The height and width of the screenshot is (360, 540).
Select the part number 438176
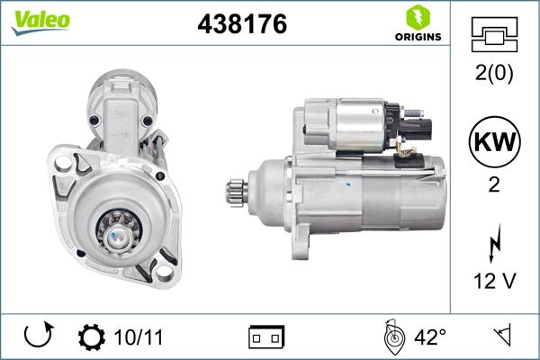point(241,24)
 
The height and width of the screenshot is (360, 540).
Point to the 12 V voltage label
point(494,281)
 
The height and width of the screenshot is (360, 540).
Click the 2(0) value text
point(494,75)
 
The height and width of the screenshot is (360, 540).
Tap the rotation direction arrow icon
point(37,337)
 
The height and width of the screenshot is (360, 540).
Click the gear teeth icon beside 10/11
point(91,337)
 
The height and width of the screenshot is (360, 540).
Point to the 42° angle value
point(429,337)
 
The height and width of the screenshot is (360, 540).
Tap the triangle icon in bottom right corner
point(501,337)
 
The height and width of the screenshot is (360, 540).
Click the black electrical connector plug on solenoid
point(415,126)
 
